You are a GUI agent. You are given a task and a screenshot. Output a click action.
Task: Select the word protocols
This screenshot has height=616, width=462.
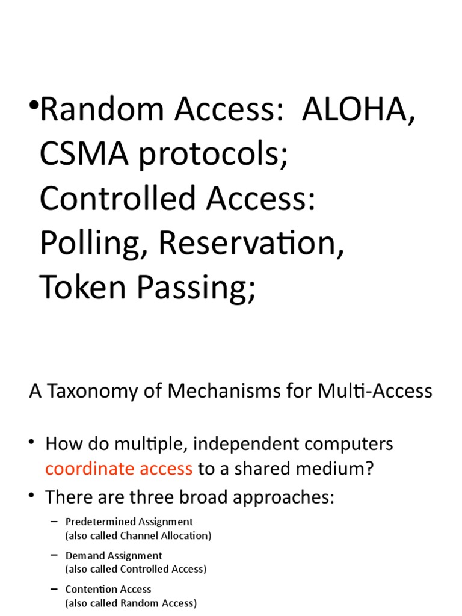coord(210,155)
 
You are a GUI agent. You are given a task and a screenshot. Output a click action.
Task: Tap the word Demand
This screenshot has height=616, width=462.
coord(84,555)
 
